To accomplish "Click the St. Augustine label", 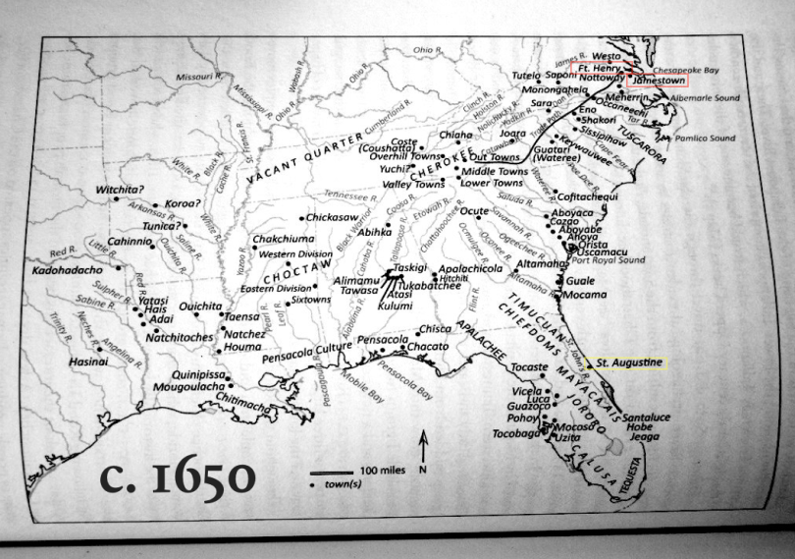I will (629, 363).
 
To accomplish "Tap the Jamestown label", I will (657, 79).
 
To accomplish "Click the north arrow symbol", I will (423, 448).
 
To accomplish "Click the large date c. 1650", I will (179, 478).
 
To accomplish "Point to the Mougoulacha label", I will (191, 387).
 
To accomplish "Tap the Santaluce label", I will (646, 417).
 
